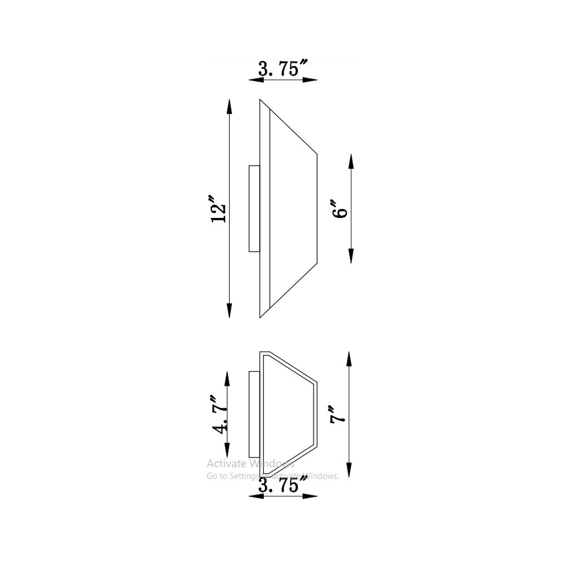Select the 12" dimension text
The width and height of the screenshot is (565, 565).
pyautogui.click(x=218, y=208)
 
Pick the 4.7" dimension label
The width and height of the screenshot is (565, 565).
pyautogui.click(x=220, y=414)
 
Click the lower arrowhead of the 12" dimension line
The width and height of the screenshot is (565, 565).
pyautogui.click(x=229, y=310)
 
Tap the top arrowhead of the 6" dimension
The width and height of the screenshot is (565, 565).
pyautogui.click(x=351, y=161)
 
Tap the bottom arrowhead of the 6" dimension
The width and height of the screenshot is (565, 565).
pyautogui.click(x=351, y=256)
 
